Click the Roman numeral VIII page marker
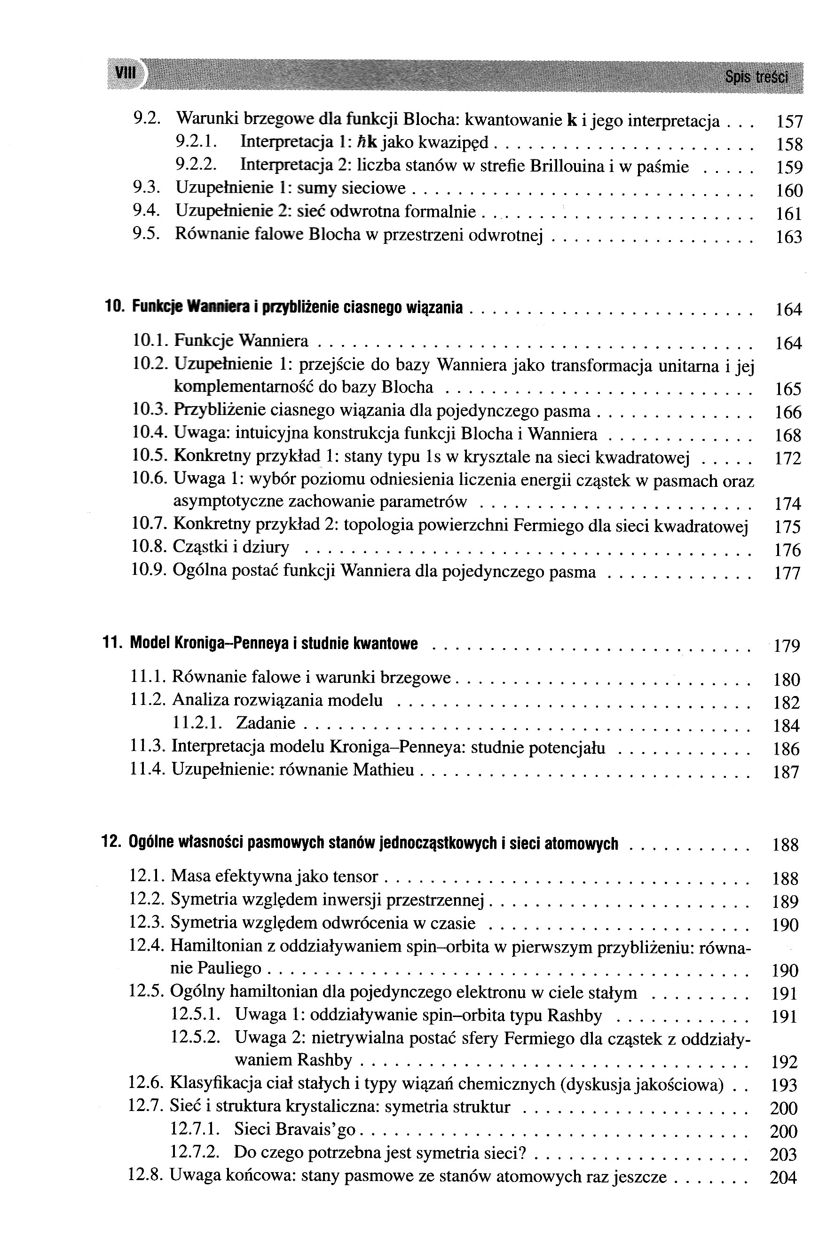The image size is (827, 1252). point(125,73)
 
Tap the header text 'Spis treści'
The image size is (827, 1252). point(756,78)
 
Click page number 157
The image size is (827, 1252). point(789,122)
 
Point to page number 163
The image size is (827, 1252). point(789,237)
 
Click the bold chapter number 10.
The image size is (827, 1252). point(114,307)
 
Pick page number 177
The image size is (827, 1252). point(788,573)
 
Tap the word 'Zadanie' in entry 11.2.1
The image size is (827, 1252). point(266,723)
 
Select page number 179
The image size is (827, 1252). point(787,646)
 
